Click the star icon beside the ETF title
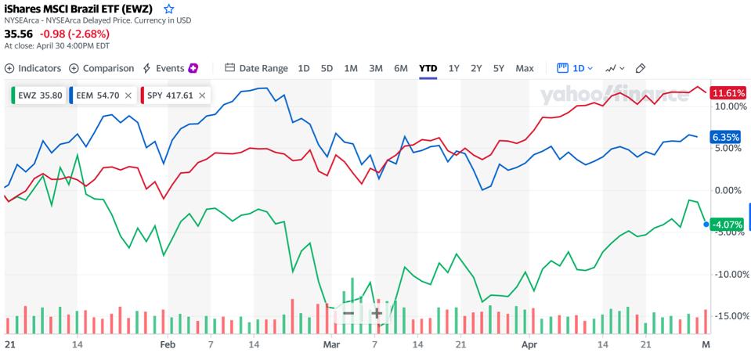168,9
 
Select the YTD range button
428,68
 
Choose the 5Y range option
498,68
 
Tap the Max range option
524,68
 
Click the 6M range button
401,68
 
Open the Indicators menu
33,68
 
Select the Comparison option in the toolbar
102,68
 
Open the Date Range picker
256,68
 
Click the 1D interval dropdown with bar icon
575,68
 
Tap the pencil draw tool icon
640,68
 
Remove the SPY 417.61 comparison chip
202,95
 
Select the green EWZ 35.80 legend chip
34,95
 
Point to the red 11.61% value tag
726,92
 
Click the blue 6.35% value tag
724,137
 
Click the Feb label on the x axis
166,344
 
